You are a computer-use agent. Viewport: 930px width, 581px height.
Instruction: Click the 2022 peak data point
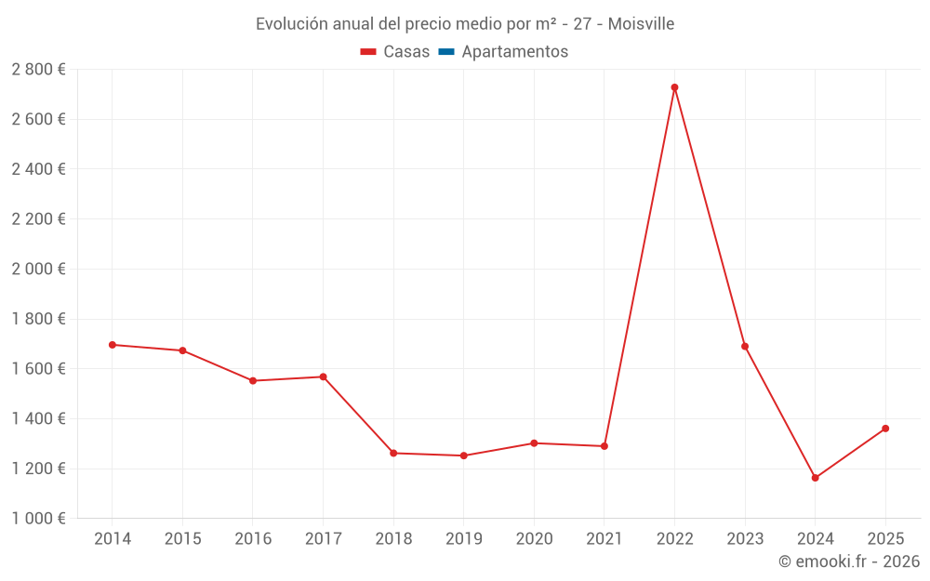pos(674,87)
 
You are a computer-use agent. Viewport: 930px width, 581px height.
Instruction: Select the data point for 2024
pos(815,478)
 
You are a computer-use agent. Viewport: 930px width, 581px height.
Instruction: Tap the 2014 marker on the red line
pos(113,345)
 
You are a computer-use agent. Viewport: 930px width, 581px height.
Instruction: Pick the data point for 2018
pos(393,453)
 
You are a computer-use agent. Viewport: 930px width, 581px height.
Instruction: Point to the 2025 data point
pos(885,429)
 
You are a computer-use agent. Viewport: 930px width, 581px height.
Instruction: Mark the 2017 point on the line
pos(323,376)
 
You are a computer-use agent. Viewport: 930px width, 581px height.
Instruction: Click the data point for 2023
pos(745,347)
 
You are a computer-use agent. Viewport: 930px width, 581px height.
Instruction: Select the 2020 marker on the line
pos(534,443)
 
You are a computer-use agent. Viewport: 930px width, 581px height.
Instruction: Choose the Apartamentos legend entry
pos(514,52)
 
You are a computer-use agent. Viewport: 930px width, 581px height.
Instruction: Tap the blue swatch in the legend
pos(446,52)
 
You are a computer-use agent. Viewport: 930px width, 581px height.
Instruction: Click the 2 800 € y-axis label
pos(38,70)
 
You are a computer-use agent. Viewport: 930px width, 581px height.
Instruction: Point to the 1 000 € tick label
pos(38,519)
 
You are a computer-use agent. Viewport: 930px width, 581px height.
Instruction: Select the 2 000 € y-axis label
pos(38,269)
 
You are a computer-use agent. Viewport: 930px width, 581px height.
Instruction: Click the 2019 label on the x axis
pos(463,539)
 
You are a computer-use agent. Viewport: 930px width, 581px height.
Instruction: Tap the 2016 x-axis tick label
pos(253,539)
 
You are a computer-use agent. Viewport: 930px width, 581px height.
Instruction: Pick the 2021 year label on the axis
pos(604,539)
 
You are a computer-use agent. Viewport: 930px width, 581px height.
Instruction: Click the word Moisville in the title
pos(641,24)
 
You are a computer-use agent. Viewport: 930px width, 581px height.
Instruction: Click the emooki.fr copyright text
pos(849,561)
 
